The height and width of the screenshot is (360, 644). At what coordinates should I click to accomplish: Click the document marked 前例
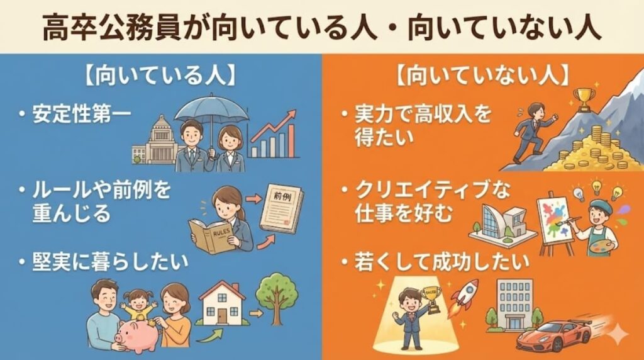280,207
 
